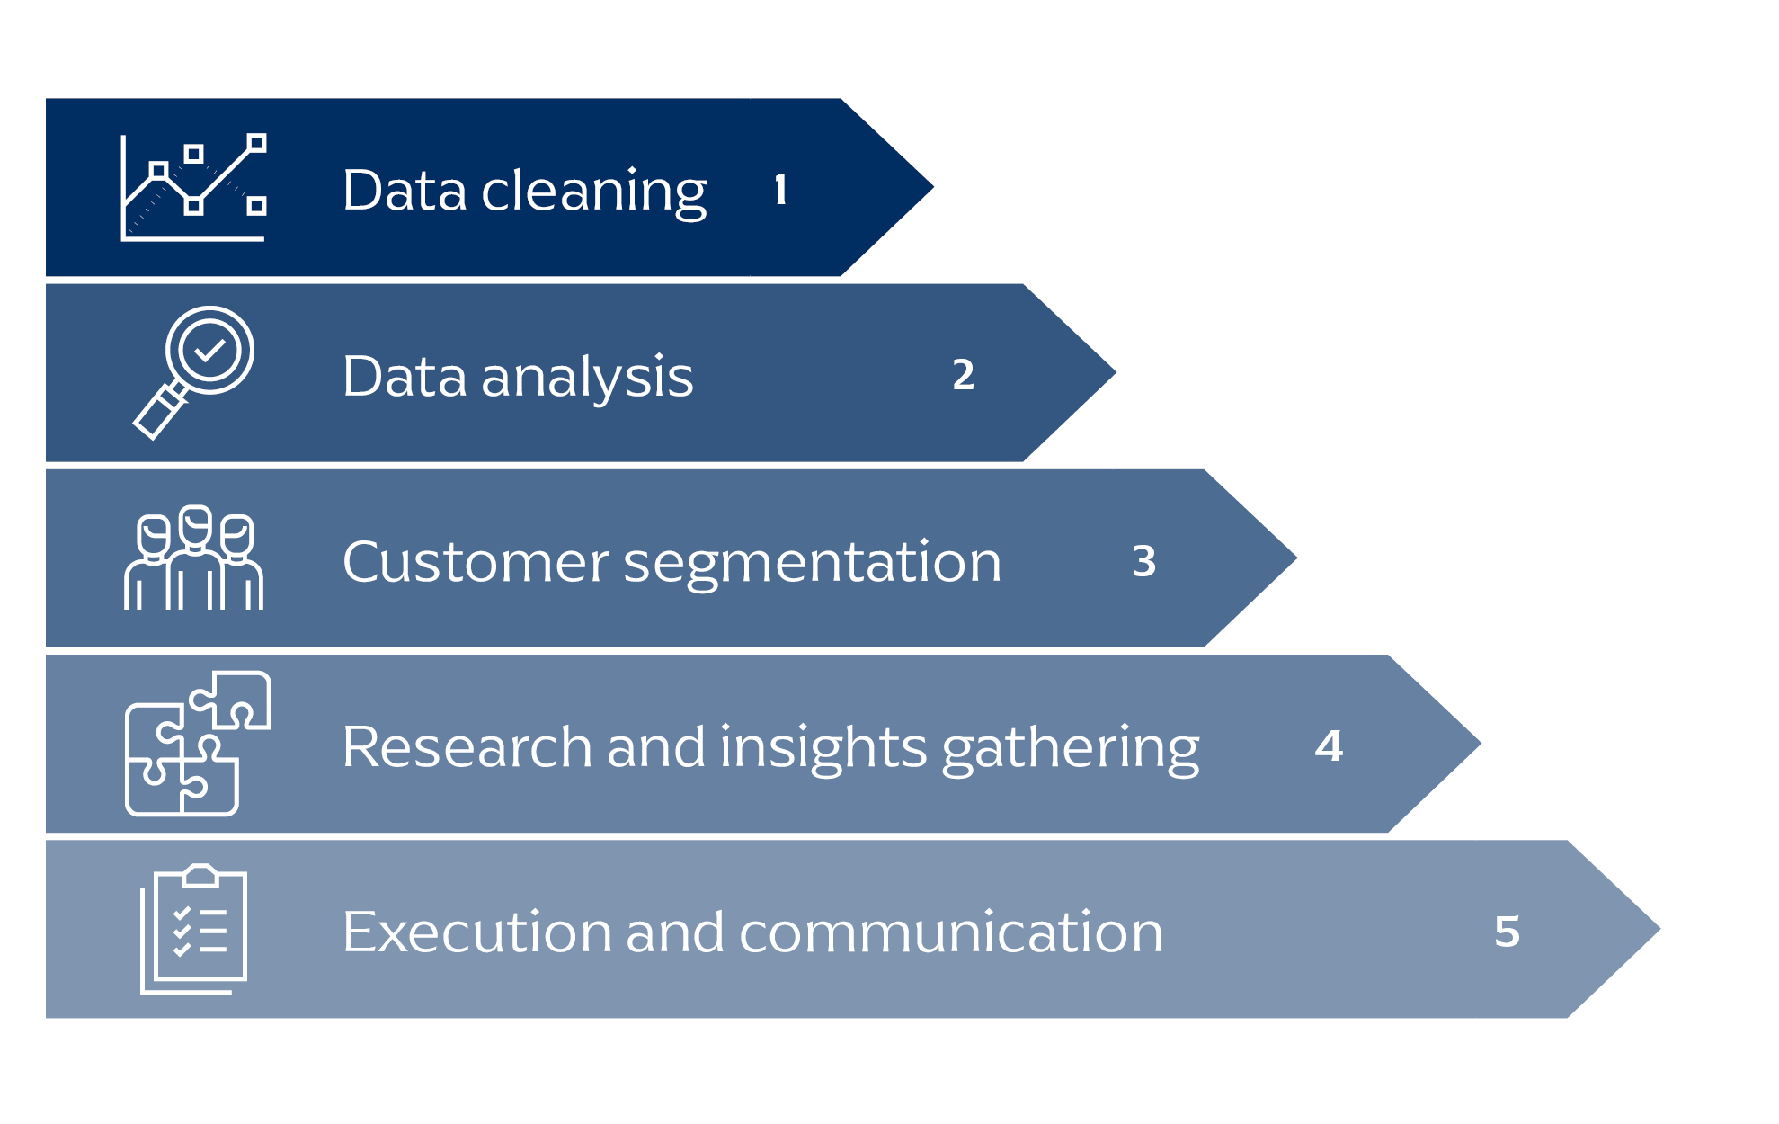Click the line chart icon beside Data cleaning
(x=193, y=187)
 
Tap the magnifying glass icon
(x=193, y=372)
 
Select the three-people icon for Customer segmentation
(x=193, y=558)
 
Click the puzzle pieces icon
(x=198, y=744)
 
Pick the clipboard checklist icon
(x=193, y=929)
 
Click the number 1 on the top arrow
(x=780, y=190)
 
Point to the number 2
(x=963, y=375)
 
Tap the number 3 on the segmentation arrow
(x=1143, y=561)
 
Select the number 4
(x=1329, y=745)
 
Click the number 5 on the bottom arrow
(x=1508, y=932)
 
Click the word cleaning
(x=594, y=192)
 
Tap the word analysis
(x=587, y=378)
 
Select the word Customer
(x=476, y=562)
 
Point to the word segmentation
(x=812, y=565)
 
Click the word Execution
(x=477, y=932)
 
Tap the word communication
(x=951, y=932)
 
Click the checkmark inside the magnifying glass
(x=210, y=349)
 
